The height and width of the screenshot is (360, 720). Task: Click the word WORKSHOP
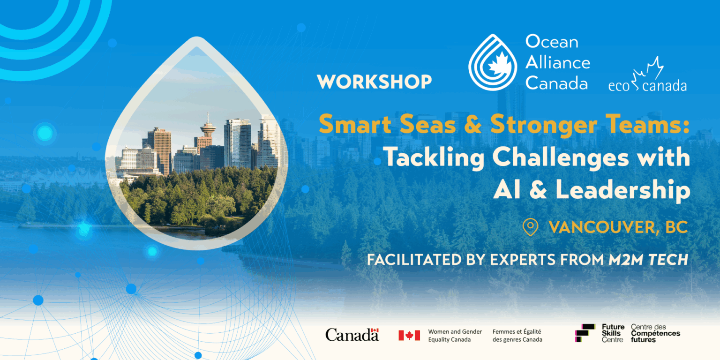(x=374, y=82)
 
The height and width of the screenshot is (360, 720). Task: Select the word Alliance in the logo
(x=558, y=62)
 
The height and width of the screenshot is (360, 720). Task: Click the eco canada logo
(x=647, y=77)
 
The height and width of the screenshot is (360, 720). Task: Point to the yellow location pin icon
(x=530, y=227)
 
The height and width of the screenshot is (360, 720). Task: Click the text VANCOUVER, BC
(x=618, y=227)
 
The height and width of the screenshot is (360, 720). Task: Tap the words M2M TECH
(x=648, y=260)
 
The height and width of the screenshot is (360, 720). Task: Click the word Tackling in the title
(x=434, y=158)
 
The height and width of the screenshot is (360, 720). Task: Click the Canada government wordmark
(x=352, y=335)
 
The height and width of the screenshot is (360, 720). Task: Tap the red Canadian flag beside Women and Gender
(x=409, y=335)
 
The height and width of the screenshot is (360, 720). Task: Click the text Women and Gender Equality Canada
(x=455, y=335)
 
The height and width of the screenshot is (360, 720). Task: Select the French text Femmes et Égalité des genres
(x=517, y=335)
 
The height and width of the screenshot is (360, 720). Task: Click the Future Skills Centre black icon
(x=585, y=333)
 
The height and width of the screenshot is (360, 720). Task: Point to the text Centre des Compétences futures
(x=655, y=333)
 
